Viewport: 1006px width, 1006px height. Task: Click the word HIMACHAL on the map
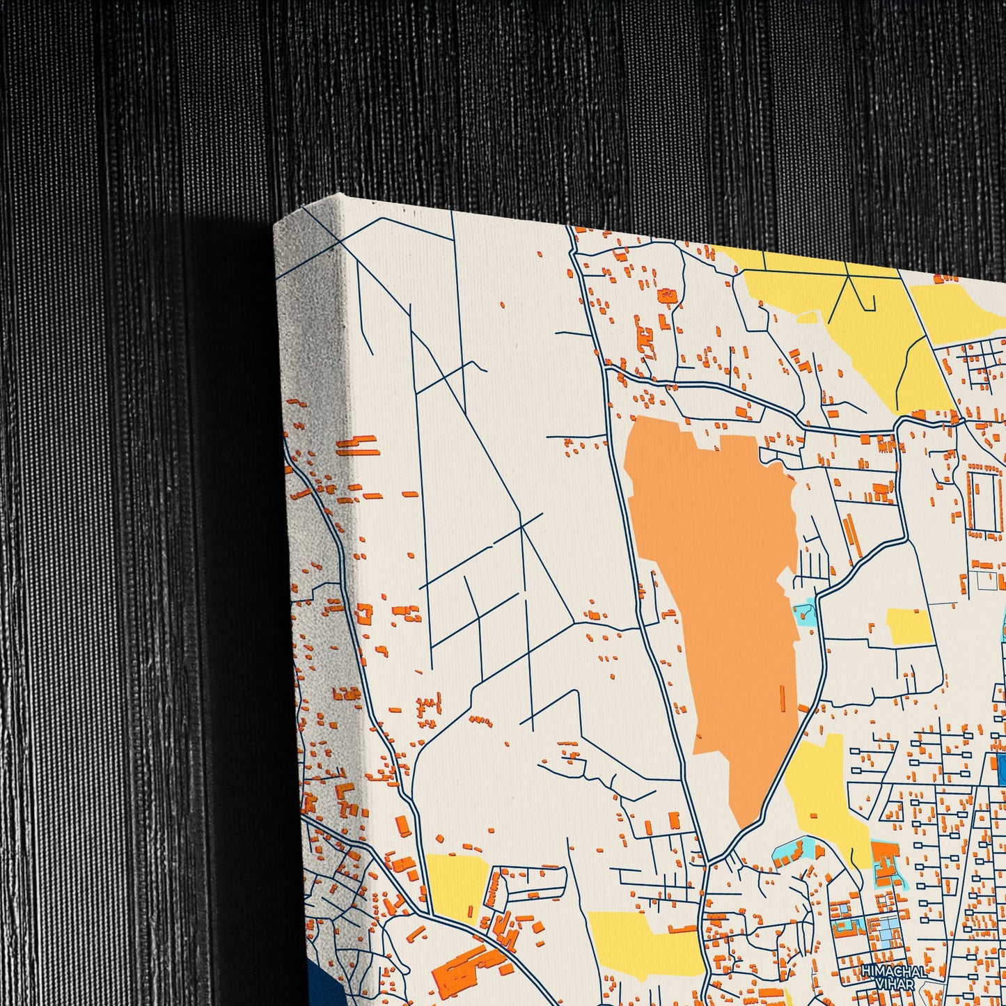893,971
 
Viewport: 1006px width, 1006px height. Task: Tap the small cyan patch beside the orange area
803,613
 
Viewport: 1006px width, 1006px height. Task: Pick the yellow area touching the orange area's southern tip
822,787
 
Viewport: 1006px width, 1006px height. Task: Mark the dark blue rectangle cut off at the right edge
1000,769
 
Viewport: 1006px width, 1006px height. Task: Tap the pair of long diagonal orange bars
851,536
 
